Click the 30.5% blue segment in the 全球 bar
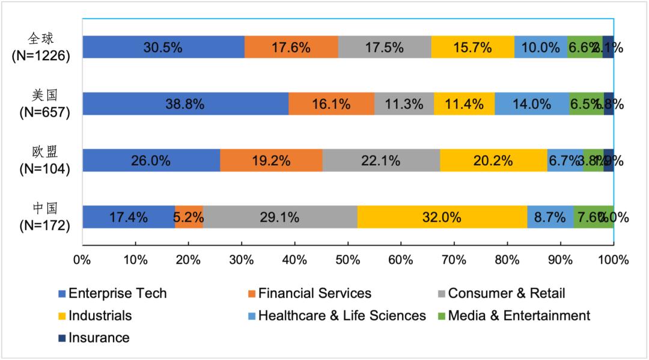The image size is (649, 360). tap(163, 47)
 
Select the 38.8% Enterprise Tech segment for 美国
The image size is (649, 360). tap(185, 103)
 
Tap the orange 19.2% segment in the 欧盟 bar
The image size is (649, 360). tap(271, 160)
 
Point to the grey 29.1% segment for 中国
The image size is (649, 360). tap(280, 217)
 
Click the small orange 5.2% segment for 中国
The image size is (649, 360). tap(189, 217)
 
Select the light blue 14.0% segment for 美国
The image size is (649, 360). tap(532, 103)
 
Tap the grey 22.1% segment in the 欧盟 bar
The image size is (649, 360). tap(381, 160)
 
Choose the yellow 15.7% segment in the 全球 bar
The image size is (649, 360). tap(472, 47)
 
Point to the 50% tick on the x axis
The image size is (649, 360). tap(348, 260)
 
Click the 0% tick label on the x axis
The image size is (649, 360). tap(82, 260)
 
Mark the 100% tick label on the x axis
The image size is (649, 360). tap(613, 260)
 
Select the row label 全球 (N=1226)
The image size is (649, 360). tap(41, 47)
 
